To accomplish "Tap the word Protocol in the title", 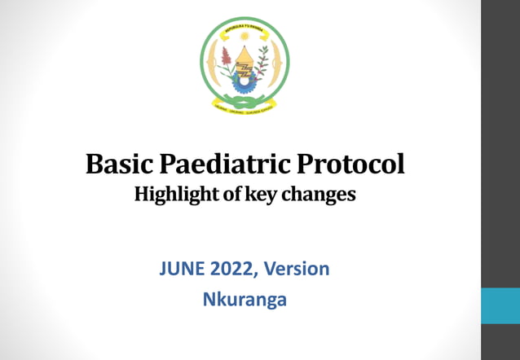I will (x=350, y=165).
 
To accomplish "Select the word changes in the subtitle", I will (x=326, y=195).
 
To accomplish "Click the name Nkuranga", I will (x=245, y=299).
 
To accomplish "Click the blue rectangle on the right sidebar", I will (x=500, y=305).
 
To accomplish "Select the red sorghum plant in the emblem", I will (x=226, y=59).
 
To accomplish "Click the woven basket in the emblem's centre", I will (x=244, y=59).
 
